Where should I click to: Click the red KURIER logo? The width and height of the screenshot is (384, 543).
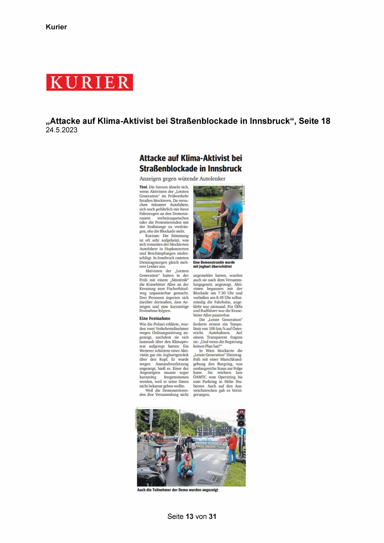(x=90, y=82)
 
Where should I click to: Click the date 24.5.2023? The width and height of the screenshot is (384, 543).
(x=62, y=130)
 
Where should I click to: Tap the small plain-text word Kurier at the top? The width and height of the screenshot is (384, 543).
(x=56, y=27)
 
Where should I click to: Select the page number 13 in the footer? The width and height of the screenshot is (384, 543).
(x=189, y=516)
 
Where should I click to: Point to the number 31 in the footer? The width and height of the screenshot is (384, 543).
(x=213, y=516)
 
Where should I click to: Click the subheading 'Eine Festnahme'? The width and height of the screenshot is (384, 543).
(x=155, y=318)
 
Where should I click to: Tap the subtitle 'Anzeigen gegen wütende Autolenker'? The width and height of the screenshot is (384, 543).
(x=182, y=179)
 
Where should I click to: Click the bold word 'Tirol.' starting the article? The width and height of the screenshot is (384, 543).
(x=144, y=187)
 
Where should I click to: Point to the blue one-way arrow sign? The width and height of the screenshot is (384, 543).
(x=242, y=431)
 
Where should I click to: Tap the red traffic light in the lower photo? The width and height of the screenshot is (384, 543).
(x=241, y=412)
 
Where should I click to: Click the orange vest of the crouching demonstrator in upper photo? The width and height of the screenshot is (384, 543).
(x=209, y=240)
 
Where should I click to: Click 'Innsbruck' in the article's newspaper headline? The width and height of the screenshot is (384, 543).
(x=225, y=169)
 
